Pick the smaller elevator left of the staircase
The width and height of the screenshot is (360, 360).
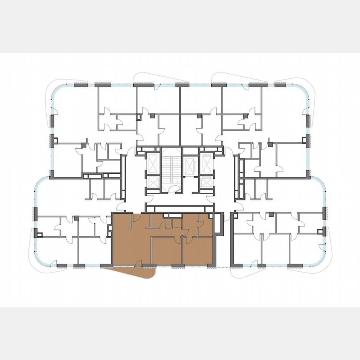[153, 182]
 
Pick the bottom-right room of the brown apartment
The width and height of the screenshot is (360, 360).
[197, 250]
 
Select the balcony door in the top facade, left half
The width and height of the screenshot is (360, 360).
[157, 87]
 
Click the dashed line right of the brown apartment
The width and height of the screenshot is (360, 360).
[223, 267]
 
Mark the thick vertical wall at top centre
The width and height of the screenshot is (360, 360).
[180, 112]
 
